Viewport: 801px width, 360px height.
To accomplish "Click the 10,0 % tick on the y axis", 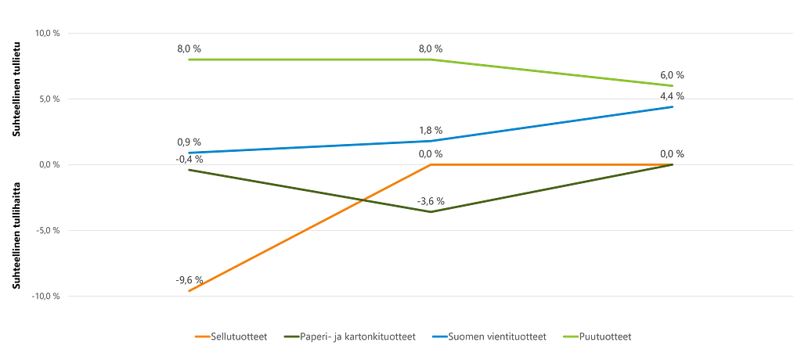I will click(47, 34).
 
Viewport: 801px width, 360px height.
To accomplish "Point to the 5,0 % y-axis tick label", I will click(49, 99).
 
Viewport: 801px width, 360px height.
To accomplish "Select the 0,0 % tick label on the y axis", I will click(49, 165).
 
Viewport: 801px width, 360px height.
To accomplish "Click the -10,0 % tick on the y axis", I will click(45, 297).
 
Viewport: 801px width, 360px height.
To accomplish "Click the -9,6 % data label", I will click(190, 279).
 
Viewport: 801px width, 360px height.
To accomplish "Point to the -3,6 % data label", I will click(431, 200).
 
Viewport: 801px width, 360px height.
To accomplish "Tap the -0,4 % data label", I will click(189, 159).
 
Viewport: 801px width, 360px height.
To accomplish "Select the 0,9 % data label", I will click(189, 142).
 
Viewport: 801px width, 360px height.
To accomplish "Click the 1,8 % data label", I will click(431, 130).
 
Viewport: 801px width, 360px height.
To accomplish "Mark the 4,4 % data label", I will click(671, 96).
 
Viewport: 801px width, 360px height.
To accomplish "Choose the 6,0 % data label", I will click(671, 75).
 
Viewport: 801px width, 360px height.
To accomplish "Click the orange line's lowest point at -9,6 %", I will click(189, 291).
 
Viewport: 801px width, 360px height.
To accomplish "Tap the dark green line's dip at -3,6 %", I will click(430, 212).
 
